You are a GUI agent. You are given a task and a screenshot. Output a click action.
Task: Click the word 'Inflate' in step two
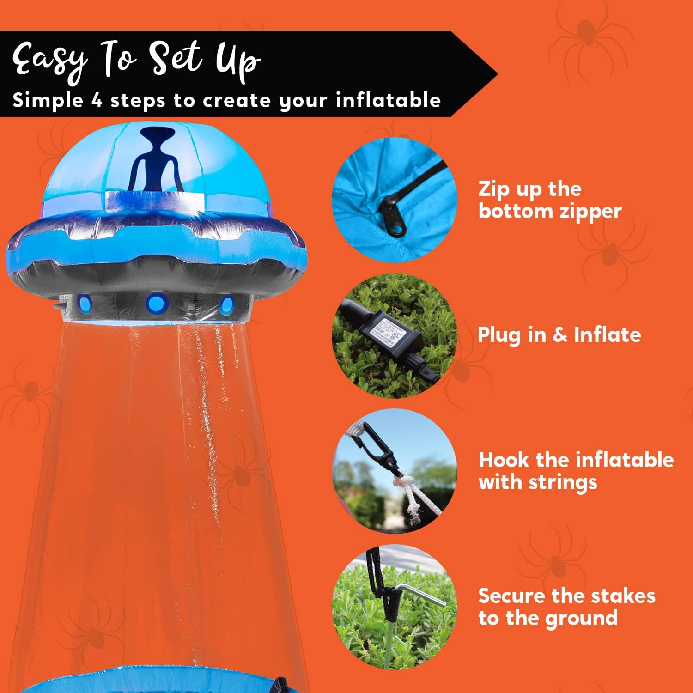(x=607, y=334)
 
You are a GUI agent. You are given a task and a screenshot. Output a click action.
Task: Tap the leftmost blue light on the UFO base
(x=86, y=303)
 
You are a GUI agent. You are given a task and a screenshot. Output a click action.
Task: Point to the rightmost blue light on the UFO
(x=226, y=305)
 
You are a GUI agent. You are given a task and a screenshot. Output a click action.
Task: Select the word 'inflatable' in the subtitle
(x=388, y=100)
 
